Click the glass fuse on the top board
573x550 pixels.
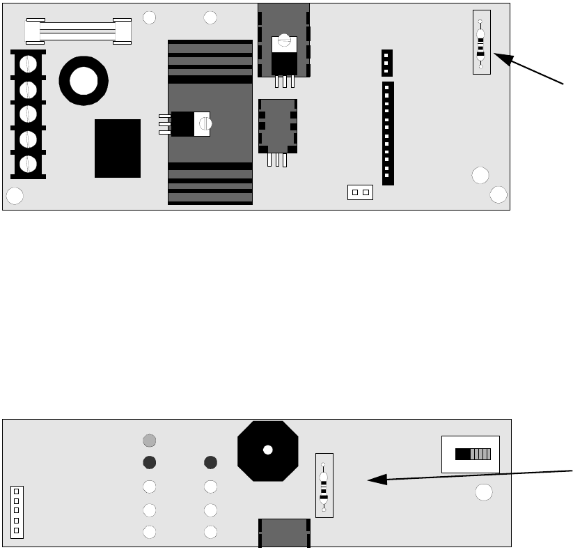click(78, 31)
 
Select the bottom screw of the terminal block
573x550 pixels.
click(28, 164)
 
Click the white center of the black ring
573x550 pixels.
click(83, 81)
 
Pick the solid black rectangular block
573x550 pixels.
click(118, 148)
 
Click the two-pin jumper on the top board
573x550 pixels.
click(360, 192)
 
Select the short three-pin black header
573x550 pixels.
click(387, 63)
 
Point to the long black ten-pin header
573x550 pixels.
click(388, 133)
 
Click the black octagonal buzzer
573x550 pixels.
click(267, 450)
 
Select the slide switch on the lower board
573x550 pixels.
click(471, 454)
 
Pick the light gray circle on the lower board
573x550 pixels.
click(149, 441)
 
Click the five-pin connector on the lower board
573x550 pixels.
click(17, 512)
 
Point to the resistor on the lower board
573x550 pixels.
click(324, 485)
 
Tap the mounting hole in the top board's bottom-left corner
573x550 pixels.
click(14, 197)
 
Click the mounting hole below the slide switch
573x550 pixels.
click(484, 493)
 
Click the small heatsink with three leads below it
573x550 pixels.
click(278, 126)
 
